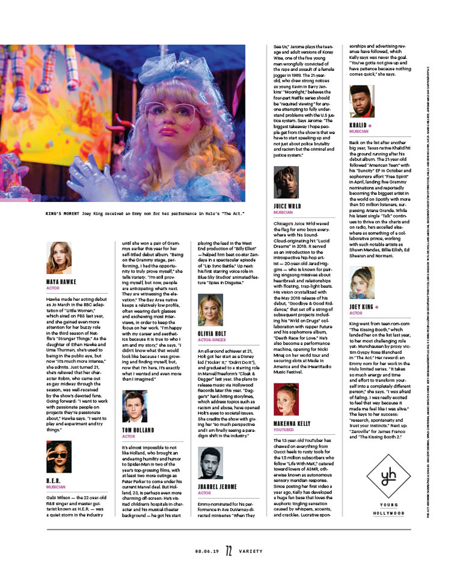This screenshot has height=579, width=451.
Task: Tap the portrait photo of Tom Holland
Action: pyautogui.click(x=134, y=406)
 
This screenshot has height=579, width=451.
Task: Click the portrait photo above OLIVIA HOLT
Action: pyautogui.click(x=210, y=310)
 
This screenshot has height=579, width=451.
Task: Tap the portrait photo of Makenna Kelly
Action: pyautogui.click(x=286, y=399)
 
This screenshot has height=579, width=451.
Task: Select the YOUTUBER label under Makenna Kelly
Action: pyautogui.click(x=284, y=430)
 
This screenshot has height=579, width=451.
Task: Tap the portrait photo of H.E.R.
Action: pyautogui.click(x=59, y=458)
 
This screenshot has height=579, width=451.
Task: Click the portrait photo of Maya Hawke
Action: pyautogui.click(x=59, y=258)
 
